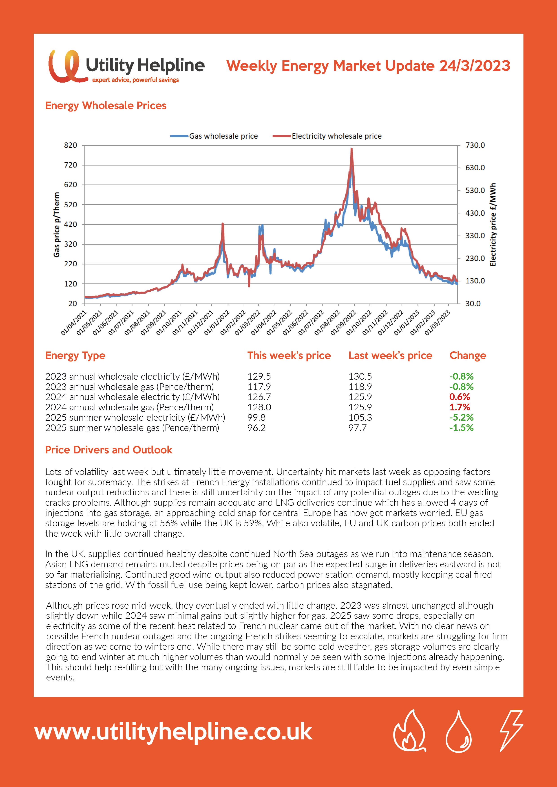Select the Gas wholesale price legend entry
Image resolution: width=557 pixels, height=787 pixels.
[214, 136]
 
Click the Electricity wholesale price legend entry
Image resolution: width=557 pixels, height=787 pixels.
[327, 136]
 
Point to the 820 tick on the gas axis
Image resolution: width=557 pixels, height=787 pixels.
[71, 145]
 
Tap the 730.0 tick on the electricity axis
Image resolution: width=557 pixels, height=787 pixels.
[475, 145]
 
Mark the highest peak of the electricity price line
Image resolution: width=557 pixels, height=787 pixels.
[351, 149]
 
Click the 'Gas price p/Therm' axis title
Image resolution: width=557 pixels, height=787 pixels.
[57, 225]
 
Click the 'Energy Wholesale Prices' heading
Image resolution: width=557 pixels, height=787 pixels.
[106, 106]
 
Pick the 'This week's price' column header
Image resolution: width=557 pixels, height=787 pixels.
[289, 355]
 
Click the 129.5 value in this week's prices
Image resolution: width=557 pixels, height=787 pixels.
[259, 376]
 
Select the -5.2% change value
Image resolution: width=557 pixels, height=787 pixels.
[462, 418]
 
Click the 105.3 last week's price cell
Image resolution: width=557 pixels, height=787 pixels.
[360, 418]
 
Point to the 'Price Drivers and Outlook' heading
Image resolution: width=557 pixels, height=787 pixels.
[109, 450]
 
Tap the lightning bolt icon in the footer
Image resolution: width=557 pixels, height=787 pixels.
[511, 730]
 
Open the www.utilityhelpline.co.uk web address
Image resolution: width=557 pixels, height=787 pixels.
[173, 732]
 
